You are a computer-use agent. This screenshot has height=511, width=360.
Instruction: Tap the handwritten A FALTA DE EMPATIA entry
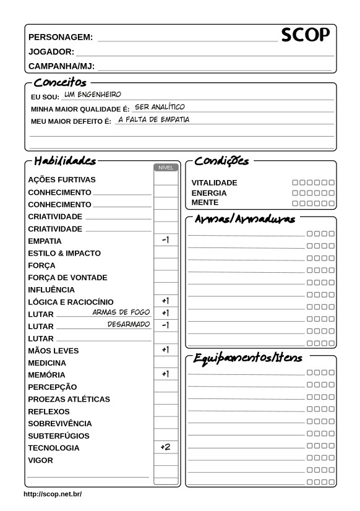153,119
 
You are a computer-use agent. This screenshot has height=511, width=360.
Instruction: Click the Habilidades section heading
65,161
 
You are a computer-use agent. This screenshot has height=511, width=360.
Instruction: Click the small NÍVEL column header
165,168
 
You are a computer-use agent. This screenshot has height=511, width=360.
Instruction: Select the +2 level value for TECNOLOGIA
165,447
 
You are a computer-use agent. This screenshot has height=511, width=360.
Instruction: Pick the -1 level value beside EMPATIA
165,240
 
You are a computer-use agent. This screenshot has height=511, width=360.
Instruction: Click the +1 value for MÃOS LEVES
165,350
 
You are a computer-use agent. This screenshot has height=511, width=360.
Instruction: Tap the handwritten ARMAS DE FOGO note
122,312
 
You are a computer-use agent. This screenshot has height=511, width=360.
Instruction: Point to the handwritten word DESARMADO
129,324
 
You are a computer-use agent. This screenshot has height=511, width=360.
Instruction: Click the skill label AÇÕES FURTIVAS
62,180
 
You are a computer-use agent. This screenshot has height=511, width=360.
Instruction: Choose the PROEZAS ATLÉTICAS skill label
69,399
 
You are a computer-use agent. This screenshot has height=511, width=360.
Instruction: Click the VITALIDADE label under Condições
214,183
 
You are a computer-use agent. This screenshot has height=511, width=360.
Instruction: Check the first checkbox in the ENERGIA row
295,193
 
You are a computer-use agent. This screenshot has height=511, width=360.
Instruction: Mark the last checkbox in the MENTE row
332,203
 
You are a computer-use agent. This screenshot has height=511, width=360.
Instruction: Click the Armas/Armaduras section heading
245,220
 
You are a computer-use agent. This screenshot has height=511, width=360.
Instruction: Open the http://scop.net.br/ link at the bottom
53,494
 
